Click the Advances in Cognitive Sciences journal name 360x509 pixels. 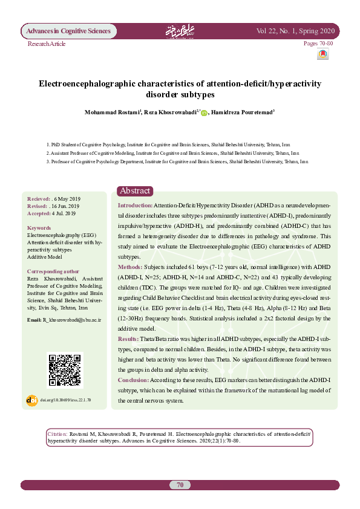(x=67, y=31)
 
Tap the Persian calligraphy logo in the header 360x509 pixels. (x=179, y=31)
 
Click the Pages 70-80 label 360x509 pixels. (x=318, y=44)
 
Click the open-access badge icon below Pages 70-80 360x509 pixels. (x=322, y=54)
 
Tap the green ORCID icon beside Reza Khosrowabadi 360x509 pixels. (x=204, y=112)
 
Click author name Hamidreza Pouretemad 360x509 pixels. (x=241, y=112)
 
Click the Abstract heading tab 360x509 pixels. (x=135, y=190)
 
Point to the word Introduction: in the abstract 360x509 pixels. (x=135, y=206)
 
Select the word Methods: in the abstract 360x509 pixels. (x=130, y=266)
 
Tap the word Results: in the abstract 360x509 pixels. (x=129, y=339)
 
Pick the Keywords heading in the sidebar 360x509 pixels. (x=39, y=228)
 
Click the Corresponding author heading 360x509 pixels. (x=53, y=272)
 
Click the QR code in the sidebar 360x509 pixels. (x=65, y=370)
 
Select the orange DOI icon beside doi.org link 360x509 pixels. (x=32, y=400)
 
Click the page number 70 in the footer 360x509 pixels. (x=180, y=485)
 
